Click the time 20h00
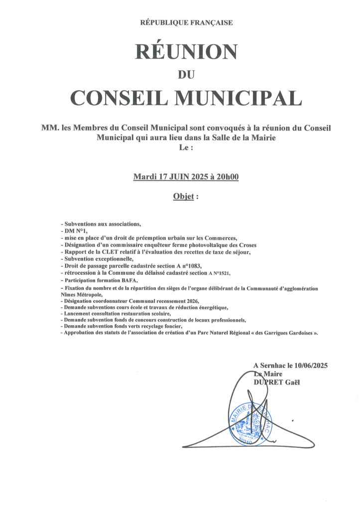(x=228, y=176)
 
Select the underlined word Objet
(x=182, y=196)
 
